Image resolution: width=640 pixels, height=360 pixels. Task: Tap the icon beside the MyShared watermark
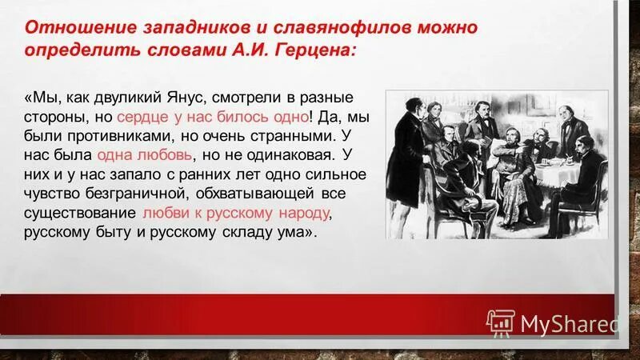(x=500, y=322)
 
